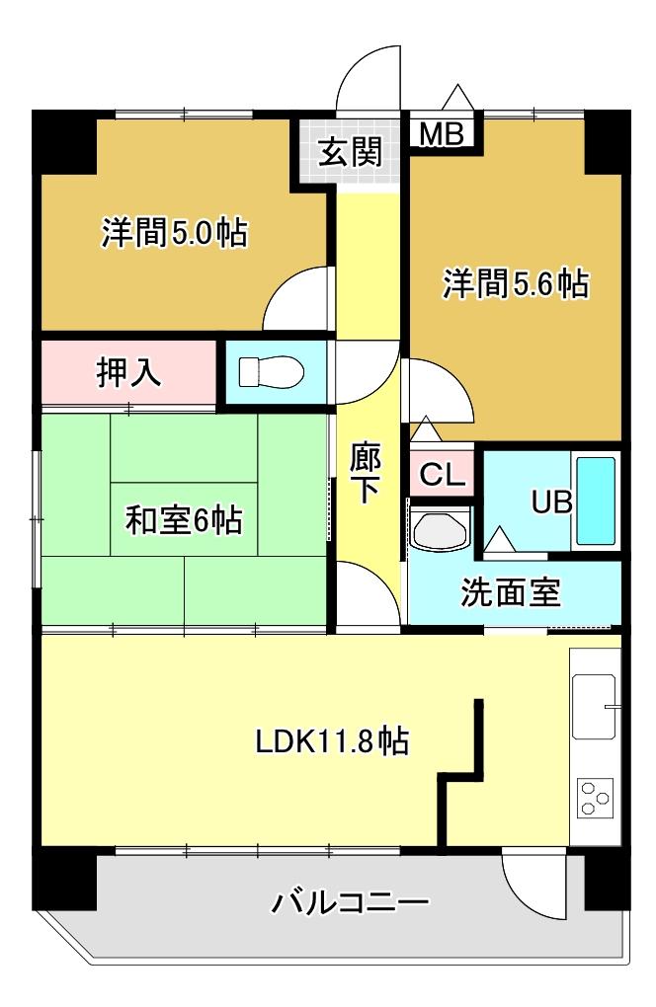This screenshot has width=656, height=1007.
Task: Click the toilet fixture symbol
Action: tap(271, 372)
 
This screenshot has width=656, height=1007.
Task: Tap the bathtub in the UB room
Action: tap(596, 501)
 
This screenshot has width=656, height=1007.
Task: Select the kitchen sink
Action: tap(595, 707)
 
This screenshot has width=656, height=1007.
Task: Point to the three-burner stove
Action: tap(595, 799)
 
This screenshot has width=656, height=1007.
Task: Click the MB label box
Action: tap(442, 134)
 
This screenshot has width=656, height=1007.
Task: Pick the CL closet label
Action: tap(442, 475)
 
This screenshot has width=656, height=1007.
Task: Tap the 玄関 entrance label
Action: tap(351, 152)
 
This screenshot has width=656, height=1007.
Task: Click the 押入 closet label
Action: tap(128, 372)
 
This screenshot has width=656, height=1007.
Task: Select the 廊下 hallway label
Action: tap(366, 473)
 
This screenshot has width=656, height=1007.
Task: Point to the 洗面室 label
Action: tap(511, 592)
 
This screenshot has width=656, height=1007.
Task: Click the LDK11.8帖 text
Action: tap(332, 741)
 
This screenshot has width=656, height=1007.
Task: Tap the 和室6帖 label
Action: tap(184, 519)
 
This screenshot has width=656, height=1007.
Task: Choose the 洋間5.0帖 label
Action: tap(174, 232)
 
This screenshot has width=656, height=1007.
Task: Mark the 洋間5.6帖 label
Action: tap(516, 283)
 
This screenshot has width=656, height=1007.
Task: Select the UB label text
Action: tap(552, 502)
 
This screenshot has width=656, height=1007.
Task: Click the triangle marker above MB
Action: tap(458, 97)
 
